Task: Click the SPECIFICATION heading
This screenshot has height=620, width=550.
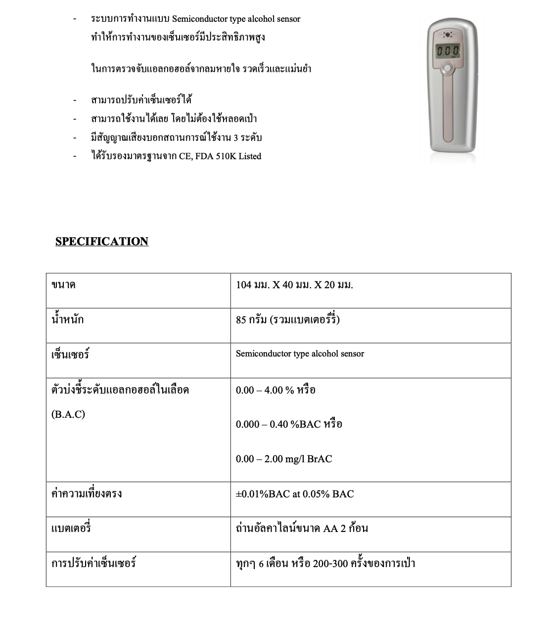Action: (101, 241)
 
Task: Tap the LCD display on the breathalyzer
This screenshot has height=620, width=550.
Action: (448, 51)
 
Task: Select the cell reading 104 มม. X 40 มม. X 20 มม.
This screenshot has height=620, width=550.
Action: (294, 285)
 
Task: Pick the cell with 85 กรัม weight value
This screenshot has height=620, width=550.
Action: (288, 319)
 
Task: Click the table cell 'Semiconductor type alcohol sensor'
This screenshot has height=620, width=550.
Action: (300, 354)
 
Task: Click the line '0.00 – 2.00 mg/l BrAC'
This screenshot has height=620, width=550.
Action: (284, 459)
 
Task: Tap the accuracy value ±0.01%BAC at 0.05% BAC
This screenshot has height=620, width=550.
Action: (295, 494)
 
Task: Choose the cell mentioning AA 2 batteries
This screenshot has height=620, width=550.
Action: (302, 529)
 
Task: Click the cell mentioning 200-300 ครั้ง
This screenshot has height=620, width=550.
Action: (325, 563)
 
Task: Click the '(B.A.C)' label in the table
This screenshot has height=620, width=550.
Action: (68, 414)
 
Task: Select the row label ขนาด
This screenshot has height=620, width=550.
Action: (63, 285)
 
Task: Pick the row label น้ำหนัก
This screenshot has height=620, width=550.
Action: (67, 319)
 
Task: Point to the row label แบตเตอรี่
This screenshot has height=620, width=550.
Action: (71, 529)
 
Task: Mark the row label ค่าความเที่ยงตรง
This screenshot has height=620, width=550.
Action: (87, 494)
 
